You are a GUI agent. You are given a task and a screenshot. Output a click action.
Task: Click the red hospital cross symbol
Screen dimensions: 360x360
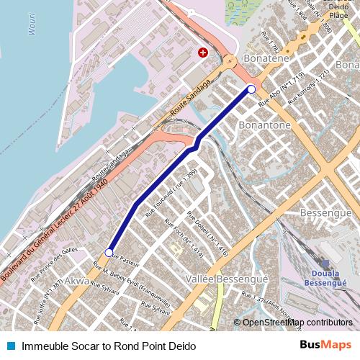(x=203, y=53)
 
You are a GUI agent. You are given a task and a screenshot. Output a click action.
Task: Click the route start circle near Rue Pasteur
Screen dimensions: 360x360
(x=109, y=253)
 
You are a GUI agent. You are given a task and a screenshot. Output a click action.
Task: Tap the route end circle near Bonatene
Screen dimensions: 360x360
(x=251, y=89)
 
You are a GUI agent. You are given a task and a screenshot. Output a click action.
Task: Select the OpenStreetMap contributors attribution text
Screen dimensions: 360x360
(x=297, y=323)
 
